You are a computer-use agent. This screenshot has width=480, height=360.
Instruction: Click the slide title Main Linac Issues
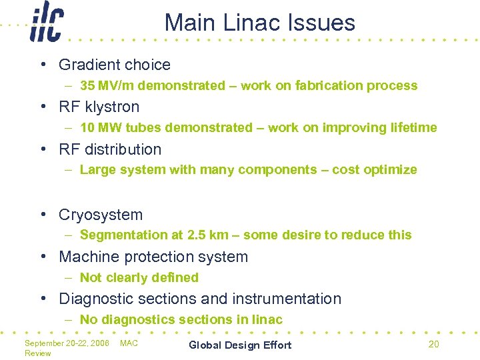click(260, 23)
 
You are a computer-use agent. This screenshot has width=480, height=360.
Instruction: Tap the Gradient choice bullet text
click(115, 65)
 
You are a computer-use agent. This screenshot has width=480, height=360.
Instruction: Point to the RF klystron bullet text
click(99, 107)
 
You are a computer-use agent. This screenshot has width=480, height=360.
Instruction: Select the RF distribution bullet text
click(110, 149)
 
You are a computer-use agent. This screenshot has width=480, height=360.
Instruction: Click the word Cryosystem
click(101, 215)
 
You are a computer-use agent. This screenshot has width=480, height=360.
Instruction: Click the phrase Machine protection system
click(153, 257)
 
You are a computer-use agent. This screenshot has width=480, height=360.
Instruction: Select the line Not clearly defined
click(139, 277)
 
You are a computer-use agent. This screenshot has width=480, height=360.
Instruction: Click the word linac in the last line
click(268, 320)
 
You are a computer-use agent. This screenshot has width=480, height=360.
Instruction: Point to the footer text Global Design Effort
click(240, 345)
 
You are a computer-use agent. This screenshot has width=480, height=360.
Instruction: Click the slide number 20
click(433, 344)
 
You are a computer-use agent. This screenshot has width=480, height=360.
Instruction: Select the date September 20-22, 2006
click(67, 343)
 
